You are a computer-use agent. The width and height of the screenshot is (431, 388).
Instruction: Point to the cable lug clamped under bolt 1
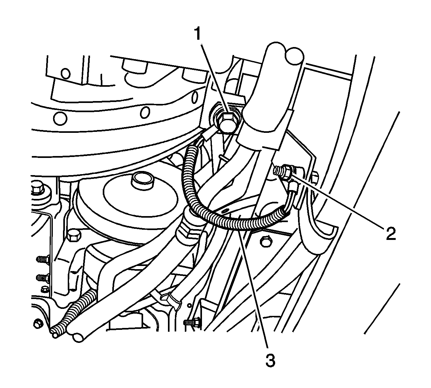click(210, 134)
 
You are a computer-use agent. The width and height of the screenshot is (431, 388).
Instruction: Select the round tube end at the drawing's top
click(294, 56)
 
